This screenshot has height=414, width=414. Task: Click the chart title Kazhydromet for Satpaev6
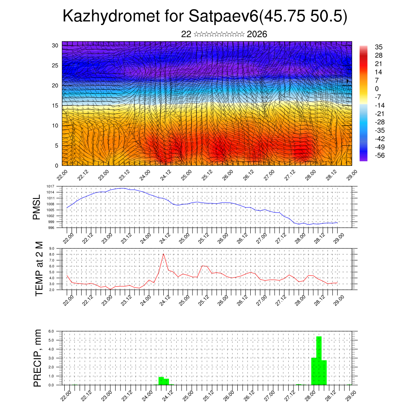pos(205,17)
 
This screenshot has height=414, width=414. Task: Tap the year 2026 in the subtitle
pos(257,34)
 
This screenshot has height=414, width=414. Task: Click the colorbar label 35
pos(379,47)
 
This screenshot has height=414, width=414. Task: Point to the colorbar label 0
pos(377,89)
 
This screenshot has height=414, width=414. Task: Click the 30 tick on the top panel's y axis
pos(55,45)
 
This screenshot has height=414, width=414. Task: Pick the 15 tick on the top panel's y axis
pos(55,106)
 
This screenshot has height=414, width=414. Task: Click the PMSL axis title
pos(37,207)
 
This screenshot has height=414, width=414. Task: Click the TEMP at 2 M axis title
pos(39,268)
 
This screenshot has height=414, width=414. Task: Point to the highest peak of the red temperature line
pos(163,254)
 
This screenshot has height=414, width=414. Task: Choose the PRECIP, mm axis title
pos(38,357)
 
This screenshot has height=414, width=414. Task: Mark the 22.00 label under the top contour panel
pos(62,175)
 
